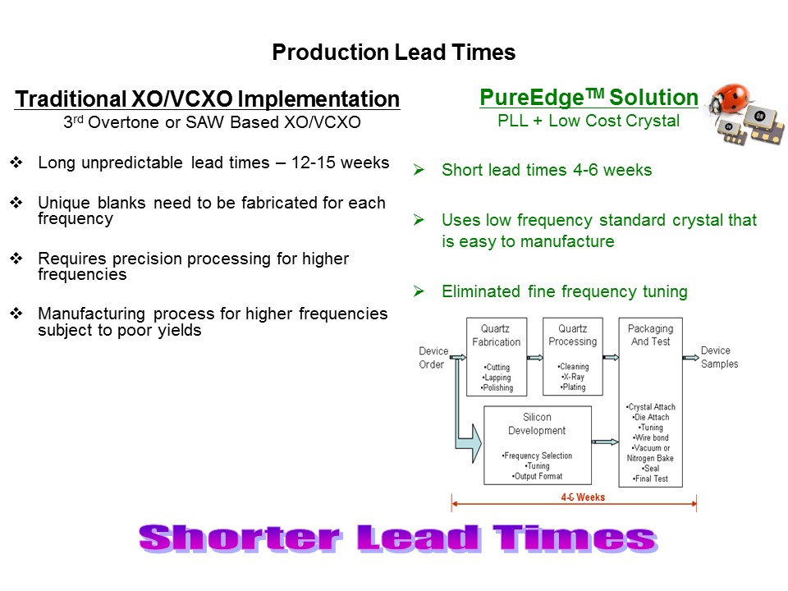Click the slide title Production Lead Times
point(393,53)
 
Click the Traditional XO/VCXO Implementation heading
point(208,99)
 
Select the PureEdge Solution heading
point(589,98)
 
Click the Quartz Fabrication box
point(496,356)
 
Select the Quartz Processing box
point(572,356)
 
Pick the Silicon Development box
point(537,446)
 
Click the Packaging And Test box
point(650,402)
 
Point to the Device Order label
point(433,358)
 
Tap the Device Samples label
point(719,357)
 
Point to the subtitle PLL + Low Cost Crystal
point(589,121)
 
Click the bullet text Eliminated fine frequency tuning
point(564,291)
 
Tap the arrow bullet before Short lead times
point(419,171)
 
